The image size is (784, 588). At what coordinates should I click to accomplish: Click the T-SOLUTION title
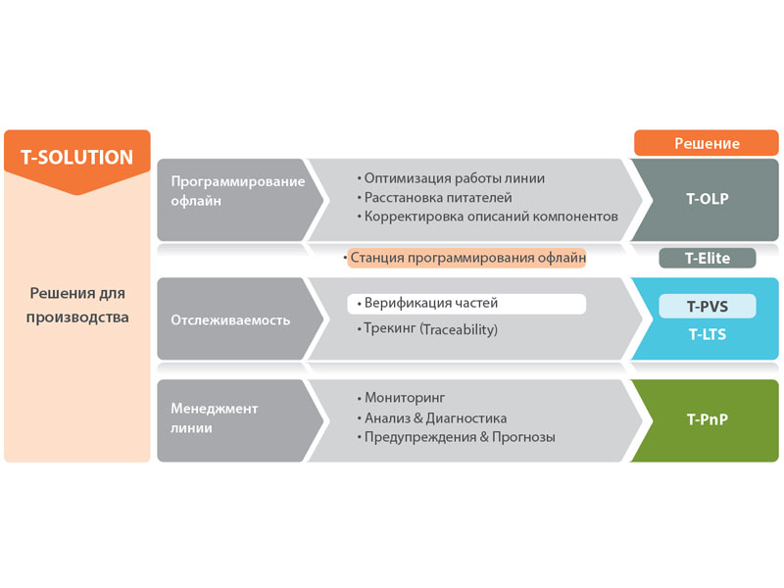coord(77,158)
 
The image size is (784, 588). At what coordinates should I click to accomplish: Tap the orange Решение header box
coord(707,143)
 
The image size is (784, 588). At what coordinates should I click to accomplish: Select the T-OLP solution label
coord(707,199)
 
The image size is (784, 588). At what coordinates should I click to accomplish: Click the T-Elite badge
coord(707,258)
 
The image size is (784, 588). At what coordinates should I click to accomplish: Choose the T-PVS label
coord(707,306)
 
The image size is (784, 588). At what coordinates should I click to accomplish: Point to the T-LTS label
coord(707,334)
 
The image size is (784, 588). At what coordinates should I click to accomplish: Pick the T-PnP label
coord(707,419)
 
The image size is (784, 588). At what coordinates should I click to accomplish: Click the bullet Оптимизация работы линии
coord(451,178)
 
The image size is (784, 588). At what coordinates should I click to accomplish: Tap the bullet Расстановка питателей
coord(434,198)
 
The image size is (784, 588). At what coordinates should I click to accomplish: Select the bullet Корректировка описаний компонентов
coord(487,217)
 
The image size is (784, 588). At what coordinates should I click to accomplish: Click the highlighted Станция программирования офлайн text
coord(467,258)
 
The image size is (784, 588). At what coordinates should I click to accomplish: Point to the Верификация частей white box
coord(466,304)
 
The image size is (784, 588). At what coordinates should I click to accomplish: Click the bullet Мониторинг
coord(401,398)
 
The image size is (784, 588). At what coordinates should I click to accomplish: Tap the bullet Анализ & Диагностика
coord(432,418)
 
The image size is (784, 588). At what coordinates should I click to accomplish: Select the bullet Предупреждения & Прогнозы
coord(456,437)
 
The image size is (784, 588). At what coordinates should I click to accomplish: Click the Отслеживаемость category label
coord(230,320)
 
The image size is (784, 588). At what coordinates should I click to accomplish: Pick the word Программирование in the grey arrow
coord(238,181)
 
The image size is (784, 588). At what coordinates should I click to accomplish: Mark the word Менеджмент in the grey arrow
coord(215,409)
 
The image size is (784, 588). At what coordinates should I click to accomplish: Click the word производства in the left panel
coord(77,318)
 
